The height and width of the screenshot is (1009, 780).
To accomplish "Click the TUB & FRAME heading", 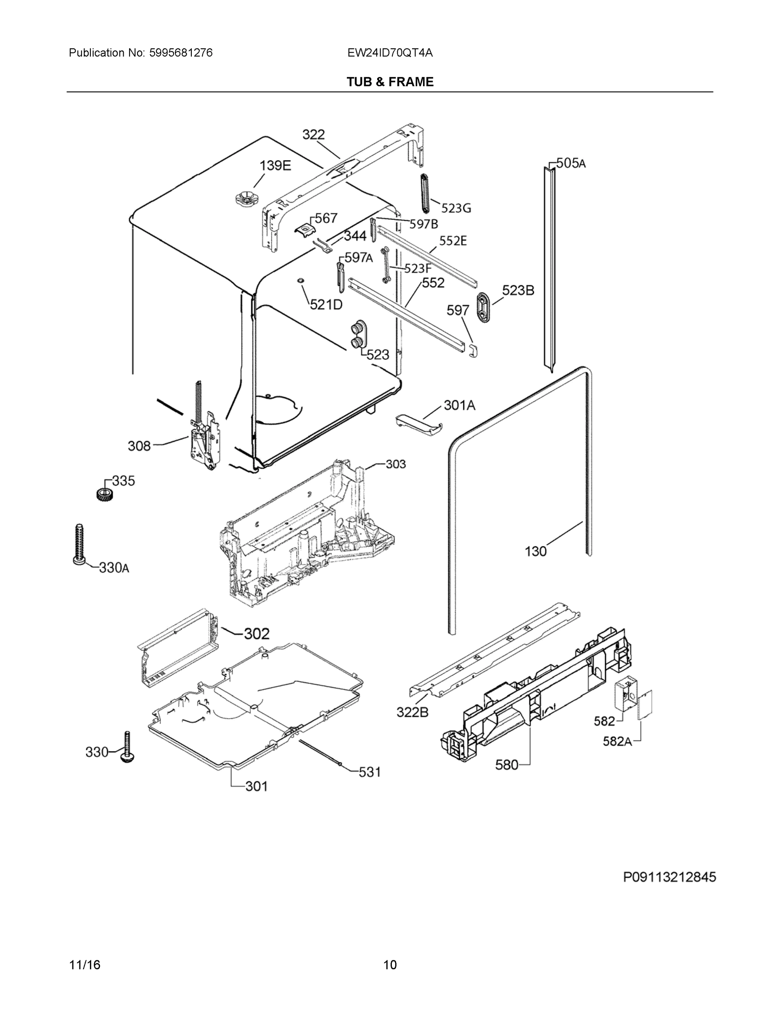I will click(390, 82).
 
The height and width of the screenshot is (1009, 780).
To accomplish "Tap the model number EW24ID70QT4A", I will click(390, 53).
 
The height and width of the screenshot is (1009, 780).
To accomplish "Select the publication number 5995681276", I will click(181, 53).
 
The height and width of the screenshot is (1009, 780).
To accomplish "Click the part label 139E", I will click(275, 165).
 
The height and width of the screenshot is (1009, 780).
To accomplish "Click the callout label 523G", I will click(456, 209).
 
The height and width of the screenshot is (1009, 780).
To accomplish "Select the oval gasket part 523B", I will click(483, 307).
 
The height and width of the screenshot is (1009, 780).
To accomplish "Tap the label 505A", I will click(570, 163).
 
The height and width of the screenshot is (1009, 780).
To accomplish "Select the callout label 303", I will click(396, 464).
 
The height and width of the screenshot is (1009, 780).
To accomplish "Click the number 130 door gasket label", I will click(536, 551).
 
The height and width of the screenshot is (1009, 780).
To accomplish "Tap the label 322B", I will click(412, 712).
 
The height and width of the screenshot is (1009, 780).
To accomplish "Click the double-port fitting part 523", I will click(358, 335).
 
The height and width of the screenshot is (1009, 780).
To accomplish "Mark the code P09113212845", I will click(669, 877).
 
